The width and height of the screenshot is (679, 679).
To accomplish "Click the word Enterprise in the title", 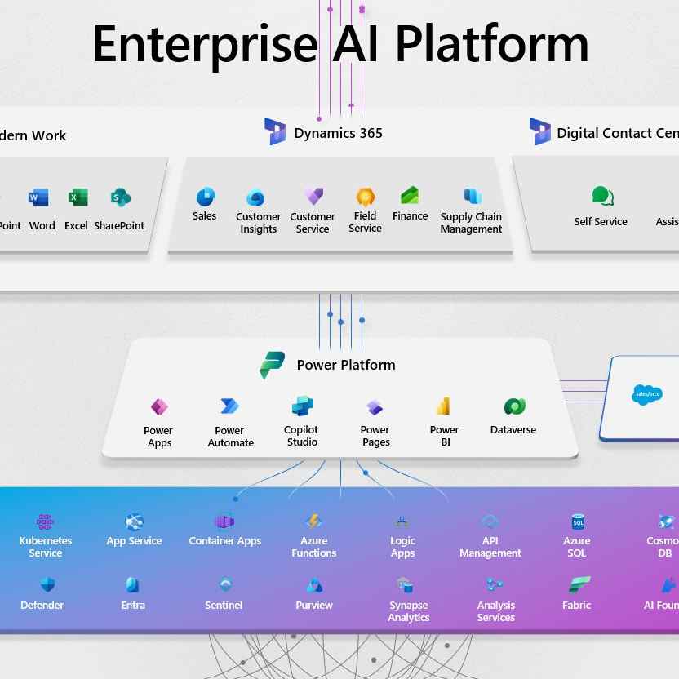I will pos(204,44).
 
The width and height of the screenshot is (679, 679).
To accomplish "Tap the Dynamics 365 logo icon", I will pos(275,131).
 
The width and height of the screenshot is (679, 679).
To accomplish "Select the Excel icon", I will pos(78,197).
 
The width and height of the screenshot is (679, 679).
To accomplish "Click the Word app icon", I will pos(38,197).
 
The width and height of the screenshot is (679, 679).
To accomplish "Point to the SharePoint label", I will pos(119,225).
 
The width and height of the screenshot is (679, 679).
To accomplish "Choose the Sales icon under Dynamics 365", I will pos(206,197).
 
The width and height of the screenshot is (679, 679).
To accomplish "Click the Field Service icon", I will pos(366,197).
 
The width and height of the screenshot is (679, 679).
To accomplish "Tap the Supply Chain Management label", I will pos(471,223).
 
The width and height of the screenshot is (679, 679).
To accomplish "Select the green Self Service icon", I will pos(602,197).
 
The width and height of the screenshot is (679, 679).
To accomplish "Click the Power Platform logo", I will pos(272,365).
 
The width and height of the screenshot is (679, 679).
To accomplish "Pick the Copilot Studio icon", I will pos(303,406).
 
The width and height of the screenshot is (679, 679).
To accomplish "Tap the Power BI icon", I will pos(444,406).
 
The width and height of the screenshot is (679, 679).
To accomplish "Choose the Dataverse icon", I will pos(514,406).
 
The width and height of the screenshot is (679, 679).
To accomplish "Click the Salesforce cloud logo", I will pos(647,395).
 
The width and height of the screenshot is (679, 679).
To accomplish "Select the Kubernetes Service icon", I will pos(46,521).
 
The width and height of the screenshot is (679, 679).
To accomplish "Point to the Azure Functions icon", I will pos(313,521).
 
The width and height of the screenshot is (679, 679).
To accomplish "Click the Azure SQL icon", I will pos(578,521).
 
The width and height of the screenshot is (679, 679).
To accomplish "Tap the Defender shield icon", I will pos(47,585).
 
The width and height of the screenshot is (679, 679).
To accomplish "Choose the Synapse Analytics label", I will pos(409,611).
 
